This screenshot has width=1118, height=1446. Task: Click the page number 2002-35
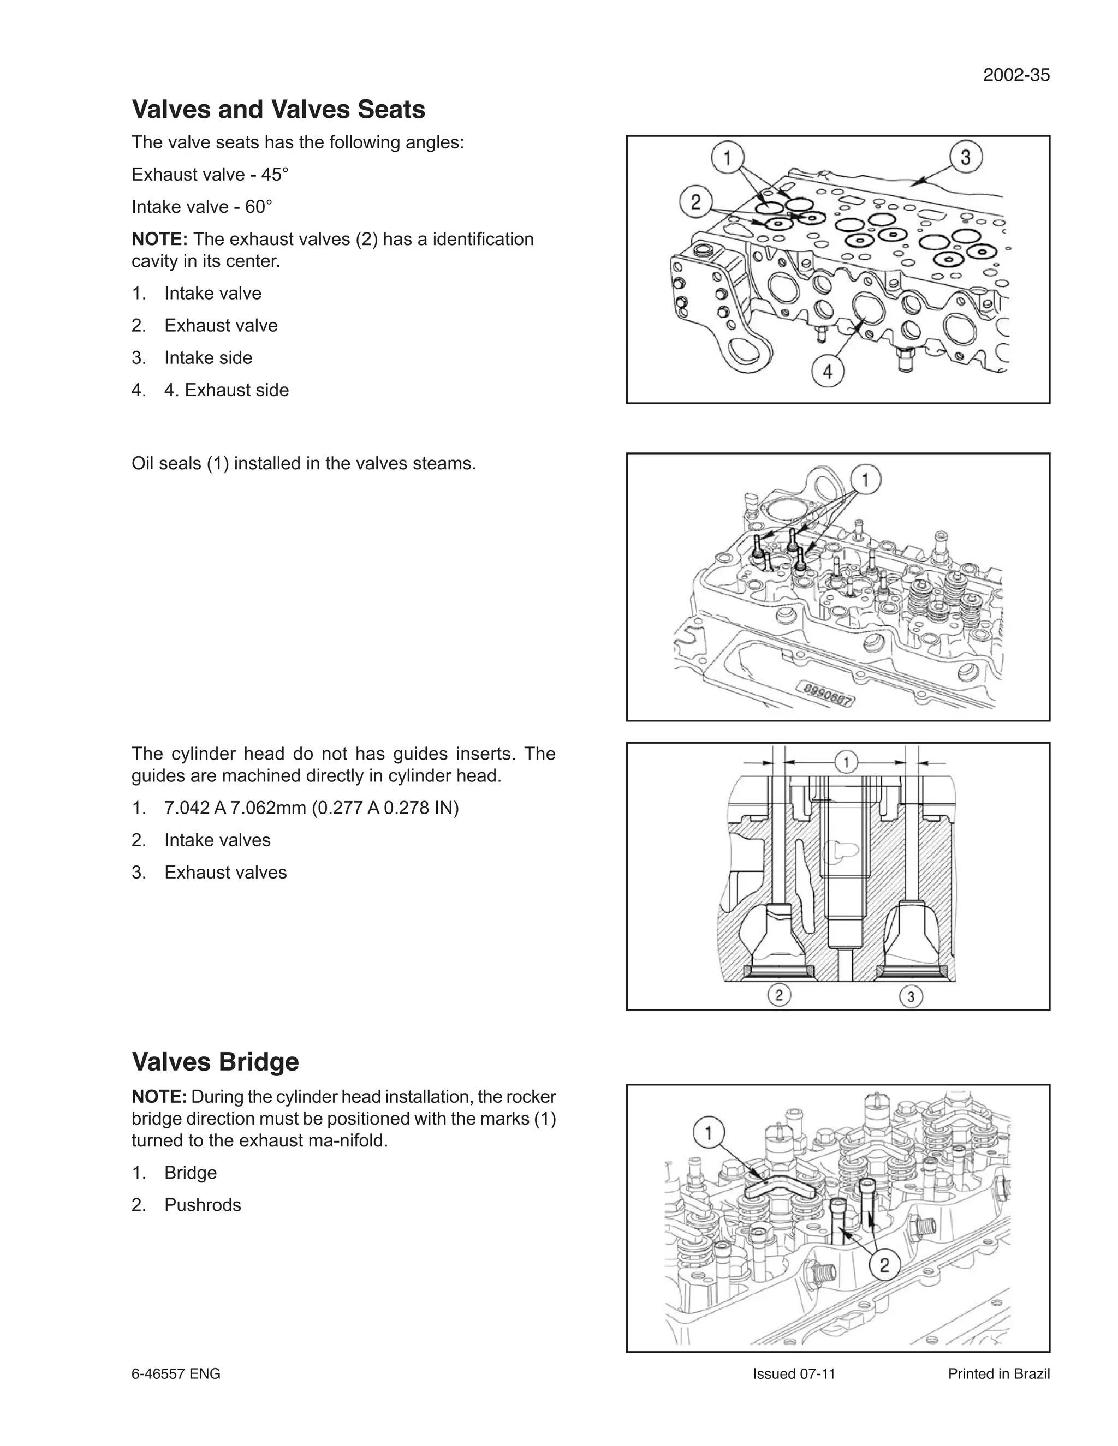(x=1016, y=75)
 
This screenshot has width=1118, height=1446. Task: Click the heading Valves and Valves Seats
(x=278, y=109)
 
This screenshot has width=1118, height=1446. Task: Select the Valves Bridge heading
(x=215, y=1061)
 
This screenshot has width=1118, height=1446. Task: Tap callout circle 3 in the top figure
(x=966, y=158)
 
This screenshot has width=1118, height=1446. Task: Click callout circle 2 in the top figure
(x=696, y=202)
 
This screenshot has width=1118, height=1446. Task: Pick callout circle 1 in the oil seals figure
(x=866, y=478)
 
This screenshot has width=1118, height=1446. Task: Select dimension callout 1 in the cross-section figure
(x=846, y=763)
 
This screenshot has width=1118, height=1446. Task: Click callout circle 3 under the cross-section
(x=911, y=996)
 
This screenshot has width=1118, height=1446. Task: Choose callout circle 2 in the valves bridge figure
(x=884, y=1265)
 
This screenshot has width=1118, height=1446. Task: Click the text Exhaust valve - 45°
(x=210, y=175)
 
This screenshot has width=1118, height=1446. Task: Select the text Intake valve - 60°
(x=202, y=207)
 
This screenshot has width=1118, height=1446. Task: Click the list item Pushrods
(x=203, y=1205)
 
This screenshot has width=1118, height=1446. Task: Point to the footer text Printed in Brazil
(x=999, y=1374)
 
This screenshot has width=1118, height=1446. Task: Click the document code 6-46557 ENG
(x=176, y=1374)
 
